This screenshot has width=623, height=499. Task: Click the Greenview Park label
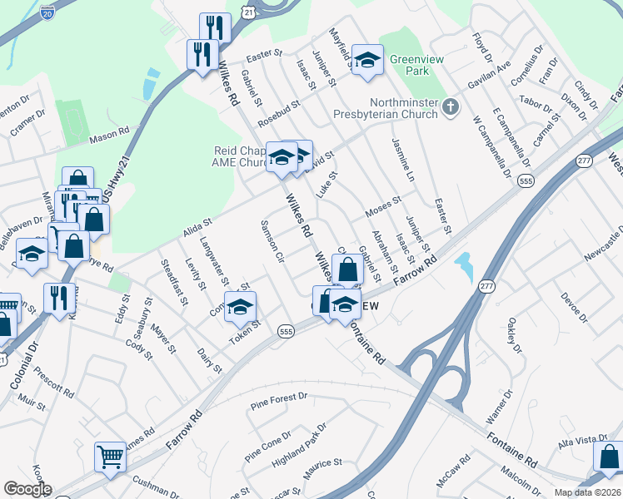click(x=398, y=64)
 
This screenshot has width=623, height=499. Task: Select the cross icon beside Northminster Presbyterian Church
click(x=450, y=106)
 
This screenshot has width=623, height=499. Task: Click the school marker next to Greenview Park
click(x=366, y=61)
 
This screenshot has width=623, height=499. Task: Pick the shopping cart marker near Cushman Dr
click(x=110, y=456)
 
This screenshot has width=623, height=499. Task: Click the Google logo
click(x=27, y=489)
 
